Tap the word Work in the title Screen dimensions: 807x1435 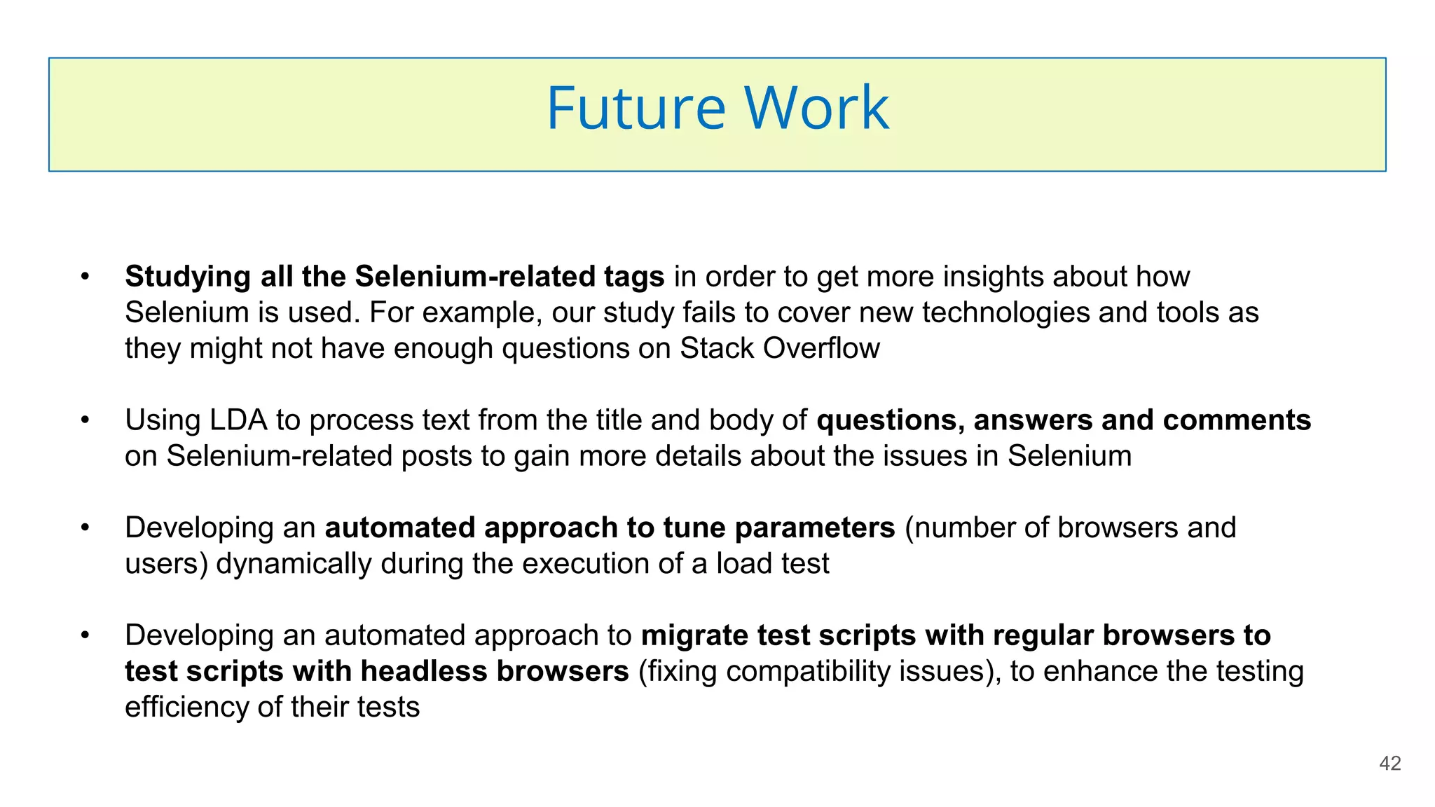[816, 109]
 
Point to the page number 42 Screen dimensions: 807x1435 [1389, 764]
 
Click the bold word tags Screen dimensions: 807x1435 [634, 277]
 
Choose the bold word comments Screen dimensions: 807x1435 [1237, 420]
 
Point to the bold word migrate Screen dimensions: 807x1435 [694, 636]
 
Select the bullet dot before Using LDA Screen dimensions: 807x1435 [85, 420]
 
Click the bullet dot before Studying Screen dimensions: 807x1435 [85, 277]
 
